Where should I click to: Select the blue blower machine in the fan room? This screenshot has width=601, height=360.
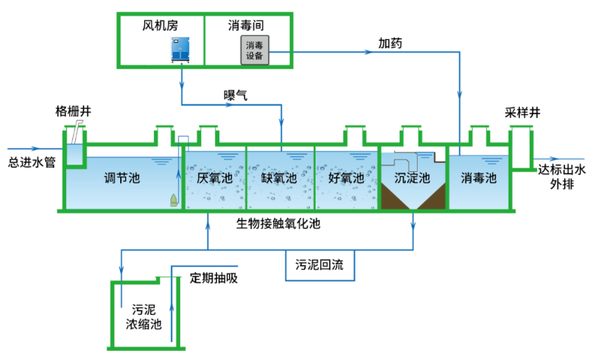point(181,49)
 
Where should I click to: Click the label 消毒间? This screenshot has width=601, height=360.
point(243,25)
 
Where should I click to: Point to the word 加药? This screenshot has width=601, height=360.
point(390,44)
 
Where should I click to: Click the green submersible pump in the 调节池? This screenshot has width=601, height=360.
point(174,200)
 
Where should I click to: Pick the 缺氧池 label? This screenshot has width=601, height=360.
point(279,178)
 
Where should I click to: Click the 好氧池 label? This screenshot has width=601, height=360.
point(346,178)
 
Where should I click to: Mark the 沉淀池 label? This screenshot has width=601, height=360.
point(412,178)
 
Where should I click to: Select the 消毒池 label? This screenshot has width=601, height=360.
point(479,178)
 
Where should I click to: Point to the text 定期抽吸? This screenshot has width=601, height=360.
point(213,277)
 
